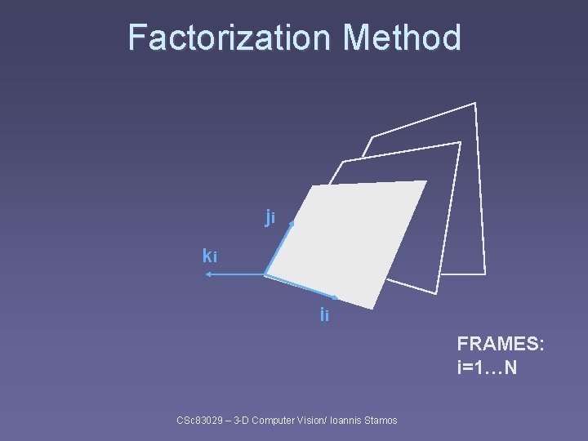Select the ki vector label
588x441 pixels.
(210, 256)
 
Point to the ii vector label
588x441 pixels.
(324, 314)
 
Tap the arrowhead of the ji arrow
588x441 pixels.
(291, 220)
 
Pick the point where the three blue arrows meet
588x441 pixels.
(265, 274)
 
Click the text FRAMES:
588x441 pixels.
(500, 344)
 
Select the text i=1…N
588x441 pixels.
(487, 367)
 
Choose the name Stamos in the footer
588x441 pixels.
(379, 421)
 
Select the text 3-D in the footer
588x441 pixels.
(242, 421)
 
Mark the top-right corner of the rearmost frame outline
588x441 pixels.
(474, 103)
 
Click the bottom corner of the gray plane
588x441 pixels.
(375, 308)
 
